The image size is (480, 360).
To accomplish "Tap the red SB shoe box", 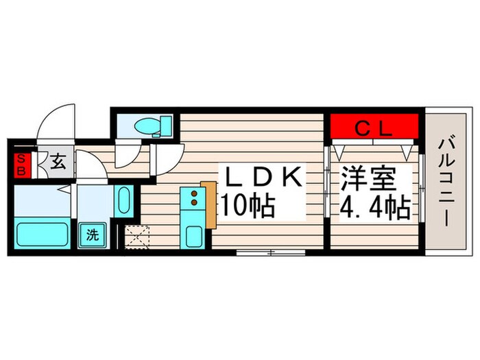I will click(20, 165).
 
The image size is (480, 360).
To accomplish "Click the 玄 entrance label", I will click(58, 164).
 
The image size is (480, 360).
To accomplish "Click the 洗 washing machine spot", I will click(91, 235).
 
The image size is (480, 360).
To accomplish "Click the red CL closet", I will click(374, 128).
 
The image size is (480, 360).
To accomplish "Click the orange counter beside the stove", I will click(209, 206).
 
